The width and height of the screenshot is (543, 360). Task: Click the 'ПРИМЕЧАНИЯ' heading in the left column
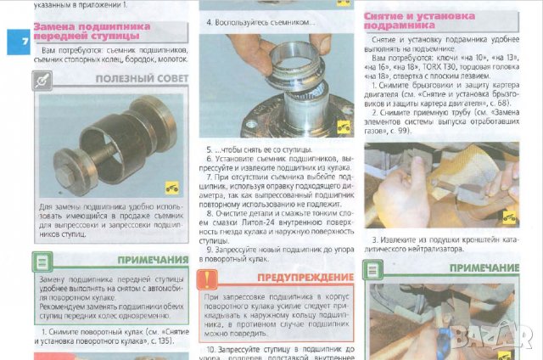tap(154, 260)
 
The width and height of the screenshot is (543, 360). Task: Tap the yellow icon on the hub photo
tap(344, 127)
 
